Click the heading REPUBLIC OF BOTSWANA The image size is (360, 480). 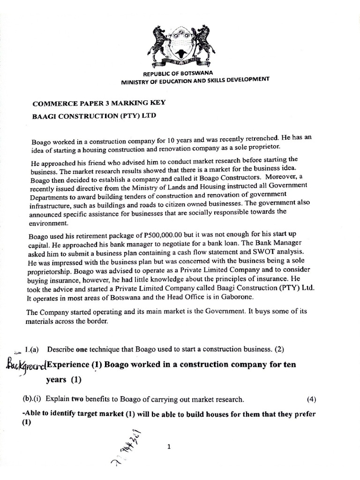tap(178, 74)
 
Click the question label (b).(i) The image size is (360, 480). tap(32, 399)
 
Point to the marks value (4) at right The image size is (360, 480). tap(311, 399)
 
